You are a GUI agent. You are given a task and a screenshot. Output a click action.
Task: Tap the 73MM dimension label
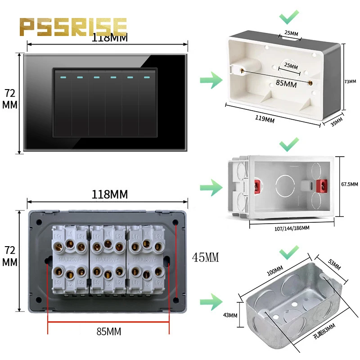(x=350, y=81)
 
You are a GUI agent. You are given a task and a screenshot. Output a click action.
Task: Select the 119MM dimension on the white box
(x=265, y=119)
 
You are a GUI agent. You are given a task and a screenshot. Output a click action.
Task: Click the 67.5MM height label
(x=350, y=184)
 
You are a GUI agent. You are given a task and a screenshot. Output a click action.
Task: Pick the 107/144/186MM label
(x=292, y=228)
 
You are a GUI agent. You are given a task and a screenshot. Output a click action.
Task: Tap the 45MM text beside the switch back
(x=205, y=257)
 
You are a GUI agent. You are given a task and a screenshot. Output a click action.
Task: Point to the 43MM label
(x=229, y=315)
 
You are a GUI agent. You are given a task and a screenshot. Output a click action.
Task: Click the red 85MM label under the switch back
(x=109, y=332)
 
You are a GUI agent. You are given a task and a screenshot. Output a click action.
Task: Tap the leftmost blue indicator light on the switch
(x=63, y=77)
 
